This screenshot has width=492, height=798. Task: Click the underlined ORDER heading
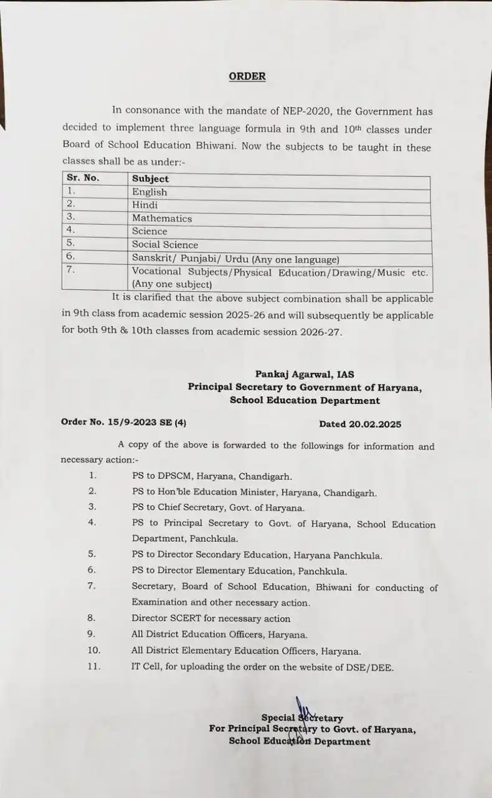(x=247, y=77)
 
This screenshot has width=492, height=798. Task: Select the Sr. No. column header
(x=83, y=178)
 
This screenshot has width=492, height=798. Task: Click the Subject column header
(x=150, y=178)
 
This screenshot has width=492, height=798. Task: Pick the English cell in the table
(x=149, y=192)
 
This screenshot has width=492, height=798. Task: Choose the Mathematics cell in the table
(x=162, y=218)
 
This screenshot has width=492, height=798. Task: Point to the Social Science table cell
(x=165, y=244)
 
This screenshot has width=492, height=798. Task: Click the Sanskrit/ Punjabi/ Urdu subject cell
(x=235, y=259)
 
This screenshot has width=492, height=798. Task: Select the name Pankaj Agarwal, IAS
(x=304, y=374)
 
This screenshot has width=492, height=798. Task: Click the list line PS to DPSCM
(x=212, y=476)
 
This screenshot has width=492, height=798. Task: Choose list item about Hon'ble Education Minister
(x=254, y=493)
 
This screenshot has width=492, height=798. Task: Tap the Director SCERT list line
(x=211, y=618)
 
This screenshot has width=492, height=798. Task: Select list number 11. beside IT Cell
(x=93, y=666)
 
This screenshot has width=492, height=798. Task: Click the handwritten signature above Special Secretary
(x=303, y=708)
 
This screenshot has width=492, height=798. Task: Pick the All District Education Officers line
(x=219, y=635)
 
